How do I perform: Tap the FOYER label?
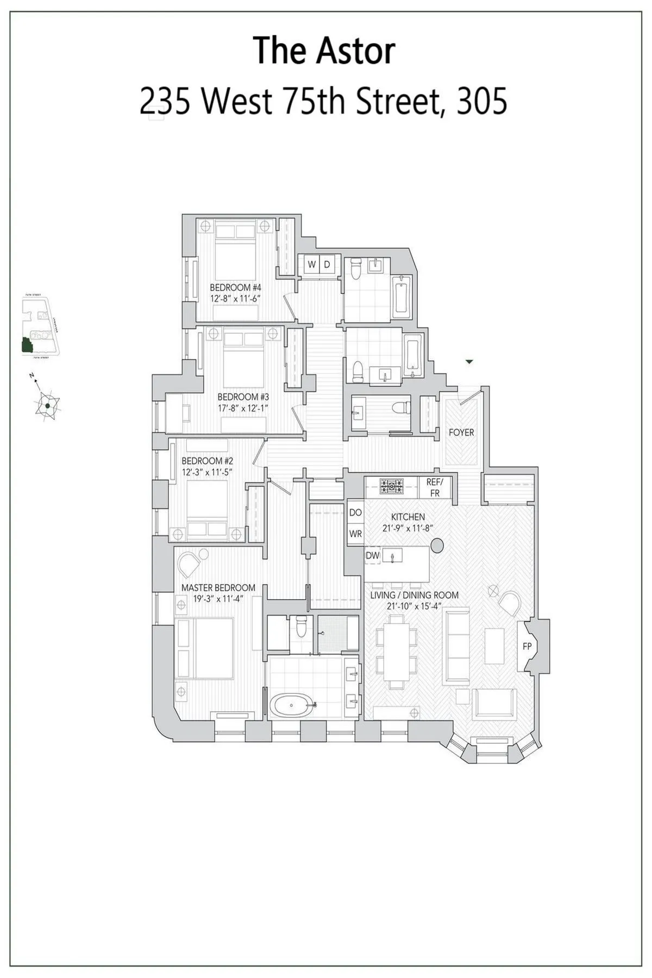pyautogui.click(x=461, y=432)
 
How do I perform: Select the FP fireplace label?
pyautogui.click(x=526, y=647)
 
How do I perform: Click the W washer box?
pyautogui.click(x=312, y=265)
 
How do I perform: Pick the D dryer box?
pyautogui.click(x=327, y=265)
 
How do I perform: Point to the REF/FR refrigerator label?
pyautogui.click(x=435, y=488)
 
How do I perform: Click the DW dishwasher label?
pyautogui.click(x=372, y=555)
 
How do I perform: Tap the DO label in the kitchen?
pyautogui.click(x=355, y=512)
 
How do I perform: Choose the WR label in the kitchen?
pyautogui.click(x=355, y=534)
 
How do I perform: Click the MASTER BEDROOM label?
pyautogui.click(x=218, y=588)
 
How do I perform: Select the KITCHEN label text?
pyautogui.click(x=407, y=517)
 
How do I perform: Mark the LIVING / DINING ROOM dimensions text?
pyautogui.click(x=414, y=606)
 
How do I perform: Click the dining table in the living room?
pyautogui.click(x=397, y=655)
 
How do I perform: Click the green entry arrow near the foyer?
pyautogui.click(x=470, y=361)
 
